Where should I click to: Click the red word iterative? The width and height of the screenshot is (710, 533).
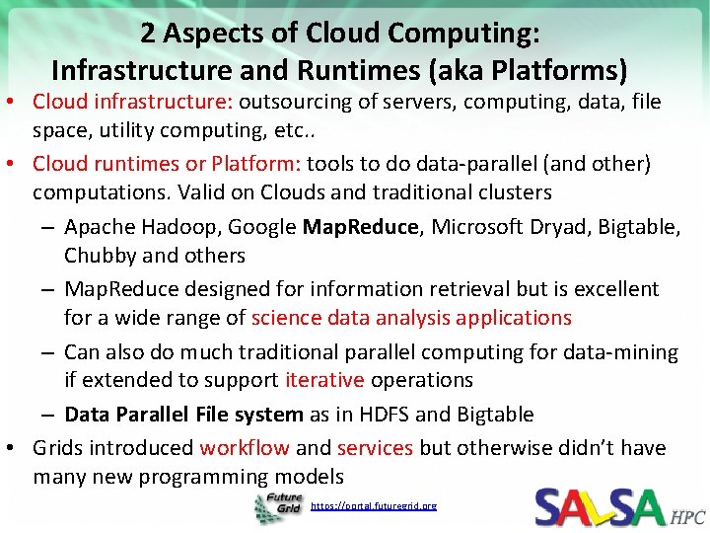[x=324, y=380]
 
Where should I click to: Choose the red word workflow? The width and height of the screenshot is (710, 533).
[x=245, y=448]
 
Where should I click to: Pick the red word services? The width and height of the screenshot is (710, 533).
[x=375, y=448]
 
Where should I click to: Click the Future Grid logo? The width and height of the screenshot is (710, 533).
[x=279, y=507]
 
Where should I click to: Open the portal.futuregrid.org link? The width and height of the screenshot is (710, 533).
[x=374, y=506]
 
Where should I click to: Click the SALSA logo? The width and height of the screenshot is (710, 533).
[x=601, y=507]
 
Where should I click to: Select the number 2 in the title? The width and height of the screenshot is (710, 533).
[x=147, y=34]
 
